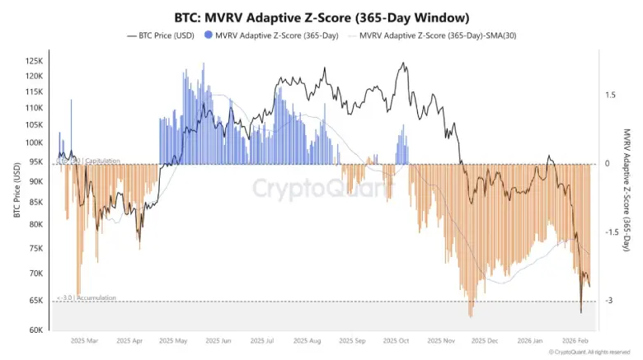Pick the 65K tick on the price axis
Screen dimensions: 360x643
(x=35, y=301)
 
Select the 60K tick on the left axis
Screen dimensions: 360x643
(x=35, y=330)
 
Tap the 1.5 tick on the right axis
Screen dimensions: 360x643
(x=610, y=95)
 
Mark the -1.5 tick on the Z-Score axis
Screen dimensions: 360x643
(x=609, y=232)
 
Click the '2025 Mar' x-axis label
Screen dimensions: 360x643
(x=84, y=339)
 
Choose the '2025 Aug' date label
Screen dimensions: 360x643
(x=307, y=339)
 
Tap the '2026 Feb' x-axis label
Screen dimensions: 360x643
(x=575, y=339)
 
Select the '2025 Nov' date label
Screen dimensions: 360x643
(x=441, y=339)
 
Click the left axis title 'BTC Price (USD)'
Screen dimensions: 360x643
(x=16, y=190)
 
